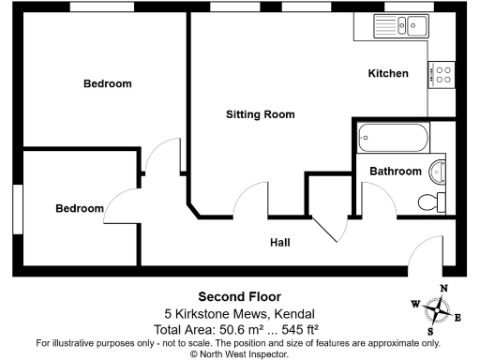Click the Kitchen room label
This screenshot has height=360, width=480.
tap(387, 73)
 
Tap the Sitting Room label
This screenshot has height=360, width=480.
tap(260, 114)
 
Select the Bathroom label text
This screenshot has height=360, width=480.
tap(394, 172)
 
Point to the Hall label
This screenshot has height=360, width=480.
tap(279, 243)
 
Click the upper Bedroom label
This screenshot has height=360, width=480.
tap(108, 83)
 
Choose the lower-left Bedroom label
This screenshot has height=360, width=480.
tap(79, 208)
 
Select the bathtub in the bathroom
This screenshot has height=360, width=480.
tap(394, 141)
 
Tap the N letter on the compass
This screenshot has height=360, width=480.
tap(445, 289)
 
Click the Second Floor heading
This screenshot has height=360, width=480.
tap(239, 295)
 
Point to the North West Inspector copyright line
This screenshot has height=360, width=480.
tap(239, 353)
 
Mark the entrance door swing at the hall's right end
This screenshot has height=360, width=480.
tap(427, 253)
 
